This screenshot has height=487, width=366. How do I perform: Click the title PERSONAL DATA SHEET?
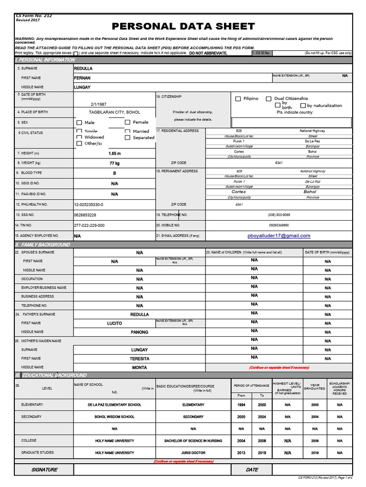pyautogui.click(x=183, y=26)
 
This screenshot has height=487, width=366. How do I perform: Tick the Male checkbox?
pyautogui.click(x=79, y=123)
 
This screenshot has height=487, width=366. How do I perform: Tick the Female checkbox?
pyautogui.click(x=127, y=123)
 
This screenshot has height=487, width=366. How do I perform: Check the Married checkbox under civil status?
pyautogui.click(x=128, y=131)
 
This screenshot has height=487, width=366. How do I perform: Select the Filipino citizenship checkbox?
pyautogui.click(x=238, y=99)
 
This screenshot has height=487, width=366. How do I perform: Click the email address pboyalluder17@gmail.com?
pyautogui.click(x=279, y=236)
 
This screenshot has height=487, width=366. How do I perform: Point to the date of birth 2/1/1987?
pyautogui.click(x=99, y=104)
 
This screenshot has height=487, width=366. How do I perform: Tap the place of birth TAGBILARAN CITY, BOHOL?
pyautogui.click(x=114, y=112)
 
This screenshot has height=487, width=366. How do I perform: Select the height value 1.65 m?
pyautogui.click(x=114, y=154)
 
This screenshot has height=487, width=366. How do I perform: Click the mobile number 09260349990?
pyautogui.click(x=279, y=225)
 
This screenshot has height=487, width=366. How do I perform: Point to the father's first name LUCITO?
pyautogui.click(x=114, y=323)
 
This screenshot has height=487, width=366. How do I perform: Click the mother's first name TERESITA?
pyautogui.click(x=139, y=359)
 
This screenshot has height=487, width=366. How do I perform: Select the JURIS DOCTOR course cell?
pyautogui.click(x=193, y=453)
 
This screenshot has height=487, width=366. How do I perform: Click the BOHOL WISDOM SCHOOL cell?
pyautogui.click(x=114, y=417)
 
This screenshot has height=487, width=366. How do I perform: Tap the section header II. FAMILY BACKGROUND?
pyautogui.click(x=43, y=244)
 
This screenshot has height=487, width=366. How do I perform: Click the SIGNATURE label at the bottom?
pyautogui.click(x=44, y=469)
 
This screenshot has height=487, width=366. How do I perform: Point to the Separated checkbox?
pyautogui.click(x=128, y=138)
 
